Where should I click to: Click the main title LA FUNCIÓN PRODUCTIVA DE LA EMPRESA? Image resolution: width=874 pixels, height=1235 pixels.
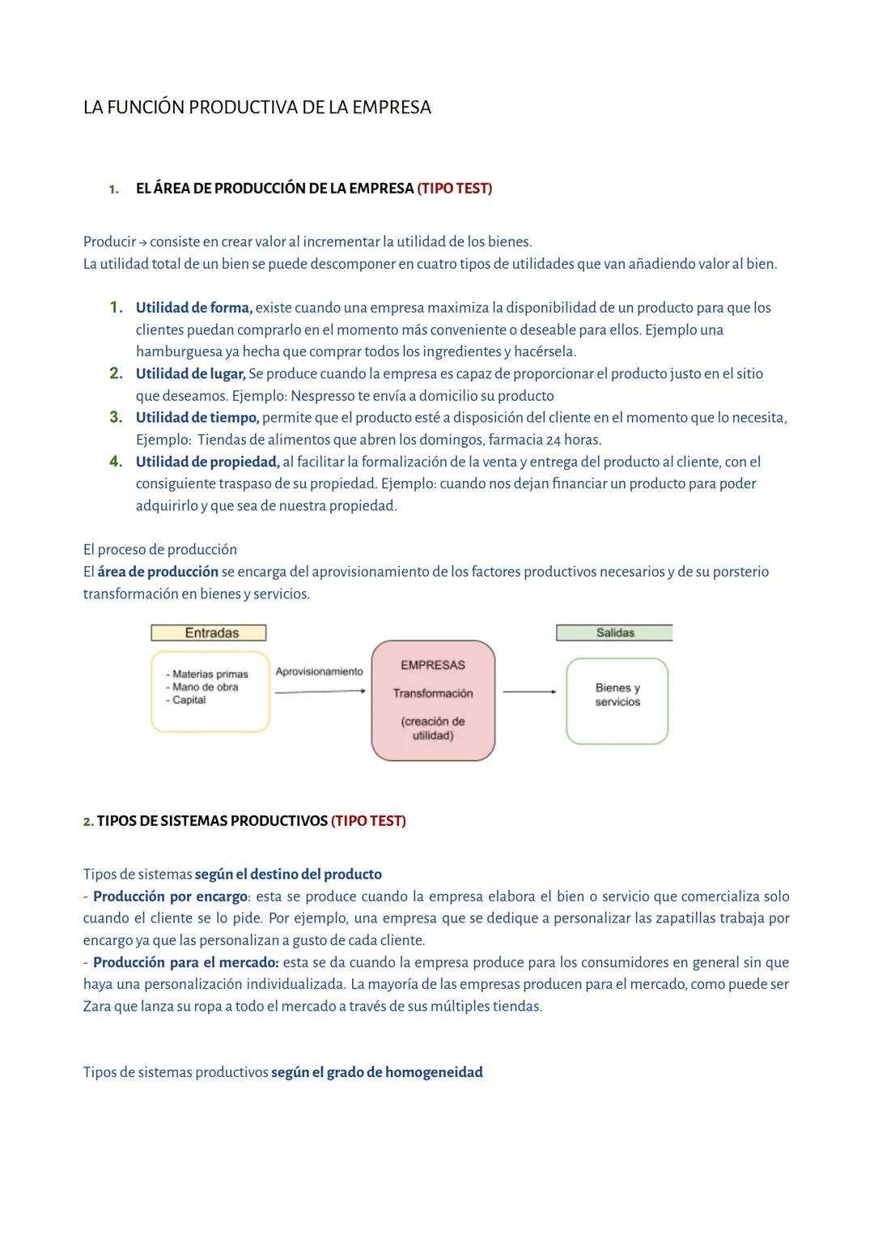257,108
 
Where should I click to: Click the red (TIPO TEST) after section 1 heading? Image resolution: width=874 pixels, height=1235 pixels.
454,189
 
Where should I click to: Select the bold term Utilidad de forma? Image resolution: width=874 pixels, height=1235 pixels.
193,308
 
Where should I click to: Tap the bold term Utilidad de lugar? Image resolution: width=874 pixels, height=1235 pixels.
190,374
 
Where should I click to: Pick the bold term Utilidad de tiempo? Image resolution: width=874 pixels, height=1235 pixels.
197,418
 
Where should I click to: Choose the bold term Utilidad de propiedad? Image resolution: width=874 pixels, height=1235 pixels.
207,462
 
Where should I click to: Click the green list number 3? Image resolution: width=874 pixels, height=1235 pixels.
116,418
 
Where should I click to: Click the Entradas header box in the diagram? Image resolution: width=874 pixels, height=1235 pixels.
209,633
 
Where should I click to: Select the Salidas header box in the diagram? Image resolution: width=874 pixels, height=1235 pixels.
614,633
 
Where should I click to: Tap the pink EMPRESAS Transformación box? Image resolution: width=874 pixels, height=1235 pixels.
433,701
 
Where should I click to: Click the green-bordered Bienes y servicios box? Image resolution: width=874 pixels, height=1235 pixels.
617,701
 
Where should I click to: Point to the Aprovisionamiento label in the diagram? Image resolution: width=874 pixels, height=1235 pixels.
319,671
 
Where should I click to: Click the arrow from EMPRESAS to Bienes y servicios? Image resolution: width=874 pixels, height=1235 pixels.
529,692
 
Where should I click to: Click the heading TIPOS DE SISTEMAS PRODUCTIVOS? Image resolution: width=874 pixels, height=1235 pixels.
212,821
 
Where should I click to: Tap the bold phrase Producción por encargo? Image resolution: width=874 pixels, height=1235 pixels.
170,896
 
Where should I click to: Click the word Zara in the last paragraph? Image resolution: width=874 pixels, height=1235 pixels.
97,1007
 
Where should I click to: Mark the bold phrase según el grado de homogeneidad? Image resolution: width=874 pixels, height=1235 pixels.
377,1072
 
